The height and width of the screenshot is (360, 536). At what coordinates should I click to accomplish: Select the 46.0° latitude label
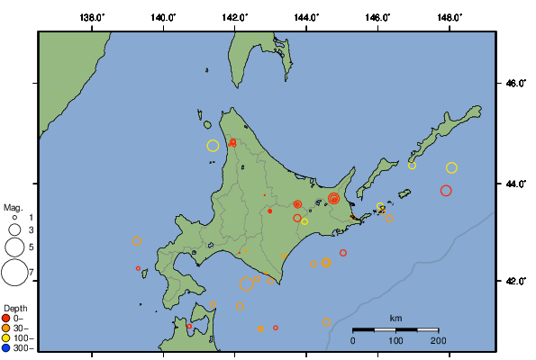(x=514, y=84)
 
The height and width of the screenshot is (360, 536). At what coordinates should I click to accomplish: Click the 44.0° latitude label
(x=514, y=184)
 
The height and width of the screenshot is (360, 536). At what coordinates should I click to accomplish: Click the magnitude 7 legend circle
(x=14, y=271)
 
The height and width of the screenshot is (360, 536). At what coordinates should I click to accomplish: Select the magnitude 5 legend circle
(x=14, y=246)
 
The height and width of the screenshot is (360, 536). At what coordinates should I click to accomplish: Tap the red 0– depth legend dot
(x=6, y=318)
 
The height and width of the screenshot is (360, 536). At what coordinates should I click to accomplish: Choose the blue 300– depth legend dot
(x=6, y=347)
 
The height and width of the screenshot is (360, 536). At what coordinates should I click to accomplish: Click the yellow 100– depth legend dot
(x=6, y=337)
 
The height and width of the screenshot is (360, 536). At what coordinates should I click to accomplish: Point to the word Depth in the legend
(x=15, y=308)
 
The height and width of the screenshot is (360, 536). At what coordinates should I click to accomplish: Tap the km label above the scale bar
(x=395, y=319)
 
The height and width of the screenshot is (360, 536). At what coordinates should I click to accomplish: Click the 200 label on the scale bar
(x=438, y=342)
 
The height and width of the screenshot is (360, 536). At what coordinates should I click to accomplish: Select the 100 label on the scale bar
(x=395, y=342)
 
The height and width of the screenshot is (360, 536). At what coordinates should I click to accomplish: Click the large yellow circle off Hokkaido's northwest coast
(x=213, y=146)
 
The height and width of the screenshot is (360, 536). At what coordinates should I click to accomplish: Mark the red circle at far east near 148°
(x=446, y=190)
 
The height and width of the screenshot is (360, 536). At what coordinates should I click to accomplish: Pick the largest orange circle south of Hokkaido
(x=247, y=284)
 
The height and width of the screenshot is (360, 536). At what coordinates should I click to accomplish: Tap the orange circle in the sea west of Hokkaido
(x=137, y=241)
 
